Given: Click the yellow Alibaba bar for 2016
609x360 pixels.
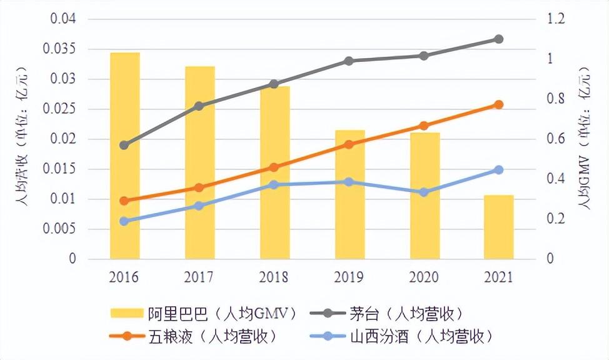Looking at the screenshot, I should (x=124, y=156).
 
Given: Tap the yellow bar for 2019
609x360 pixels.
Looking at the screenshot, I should (x=350, y=194).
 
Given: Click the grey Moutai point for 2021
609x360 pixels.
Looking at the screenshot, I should (x=498, y=39).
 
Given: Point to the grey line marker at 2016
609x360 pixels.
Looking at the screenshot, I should (x=124, y=145).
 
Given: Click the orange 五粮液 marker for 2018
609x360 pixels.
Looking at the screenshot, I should (x=274, y=167).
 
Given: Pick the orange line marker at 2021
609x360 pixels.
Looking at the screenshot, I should (x=498, y=104).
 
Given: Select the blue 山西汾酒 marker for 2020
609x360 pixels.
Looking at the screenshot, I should (x=424, y=192).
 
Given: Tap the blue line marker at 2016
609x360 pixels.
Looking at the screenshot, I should (x=124, y=221).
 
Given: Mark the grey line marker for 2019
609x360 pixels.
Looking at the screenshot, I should (x=349, y=61).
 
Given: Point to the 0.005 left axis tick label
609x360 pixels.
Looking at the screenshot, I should (x=63, y=229).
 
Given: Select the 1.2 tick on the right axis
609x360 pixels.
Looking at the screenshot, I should (x=555, y=19).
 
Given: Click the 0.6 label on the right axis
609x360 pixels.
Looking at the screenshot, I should (x=555, y=139).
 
